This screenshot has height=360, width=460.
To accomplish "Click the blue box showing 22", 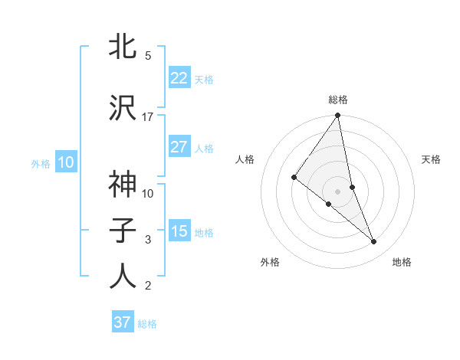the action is (x=179, y=78).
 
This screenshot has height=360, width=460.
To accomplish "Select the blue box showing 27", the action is (x=179, y=147).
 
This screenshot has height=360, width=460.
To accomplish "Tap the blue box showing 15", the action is (x=179, y=231).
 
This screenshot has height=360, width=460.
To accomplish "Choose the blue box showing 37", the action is (x=123, y=322).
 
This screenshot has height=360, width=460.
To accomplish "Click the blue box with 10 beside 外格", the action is (x=66, y=162).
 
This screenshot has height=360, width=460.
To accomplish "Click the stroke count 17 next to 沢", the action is (x=148, y=117).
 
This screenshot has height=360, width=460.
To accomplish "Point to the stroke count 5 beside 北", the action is (x=148, y=56).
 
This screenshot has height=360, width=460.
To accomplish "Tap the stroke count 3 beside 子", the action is (x=148, y=240).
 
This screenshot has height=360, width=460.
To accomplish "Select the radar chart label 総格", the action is (x=337, y=100).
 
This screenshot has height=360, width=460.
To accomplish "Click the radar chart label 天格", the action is (x=432, y=159).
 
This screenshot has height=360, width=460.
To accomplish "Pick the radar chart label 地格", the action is (x=402, y=262).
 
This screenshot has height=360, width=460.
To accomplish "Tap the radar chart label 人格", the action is (x=245, y=159).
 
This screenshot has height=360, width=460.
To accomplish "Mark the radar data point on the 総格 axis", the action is (x=337, y=116).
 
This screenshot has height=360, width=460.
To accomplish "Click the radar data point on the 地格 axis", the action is (x=374, y=241).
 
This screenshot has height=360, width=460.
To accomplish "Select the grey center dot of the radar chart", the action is (x=337, y=191).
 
